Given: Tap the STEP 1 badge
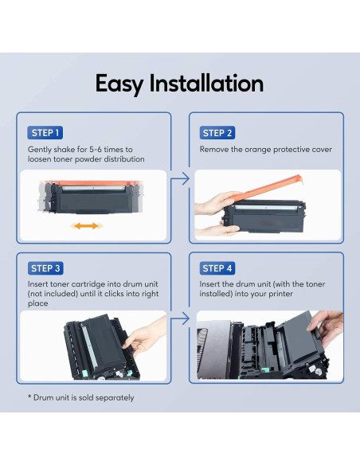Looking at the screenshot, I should pyautogui.click(x=45, y=133).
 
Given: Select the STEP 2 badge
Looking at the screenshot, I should pyautogui.click(x=218, y=133).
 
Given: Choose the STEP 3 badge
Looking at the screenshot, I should pyautogui.click(x=45, y=268).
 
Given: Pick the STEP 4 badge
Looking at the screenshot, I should pyautogui.click(x=218, y=268).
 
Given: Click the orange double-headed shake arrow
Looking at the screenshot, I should pyautogui.click(x=86, y=226).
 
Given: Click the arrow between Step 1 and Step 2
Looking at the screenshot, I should pyautogui.click(x=181, y=180).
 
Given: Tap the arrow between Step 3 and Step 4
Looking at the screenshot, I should pyautogui.click(x=181, y=319).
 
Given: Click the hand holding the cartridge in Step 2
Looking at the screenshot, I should pyautogui.click(x=213, y=209).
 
